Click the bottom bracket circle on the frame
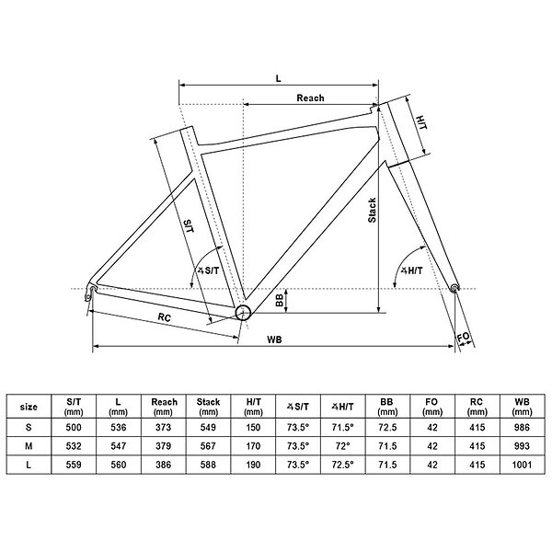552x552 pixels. pos(243,312)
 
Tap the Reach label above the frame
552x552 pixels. pos(310,98)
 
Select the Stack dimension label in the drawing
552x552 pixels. pos(372,210)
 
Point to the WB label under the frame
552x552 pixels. pos(274,339)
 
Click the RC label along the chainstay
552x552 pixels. pos(164,317)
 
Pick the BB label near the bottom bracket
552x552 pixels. pos(280,300)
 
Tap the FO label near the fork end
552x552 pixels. pos(464,338)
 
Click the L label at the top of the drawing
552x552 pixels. pos(279,78)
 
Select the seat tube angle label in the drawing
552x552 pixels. pos(208,270)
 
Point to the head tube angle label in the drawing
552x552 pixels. pos(412,270)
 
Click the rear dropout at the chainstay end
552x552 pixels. pos(90,293)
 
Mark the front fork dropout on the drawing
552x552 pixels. pos(454,288)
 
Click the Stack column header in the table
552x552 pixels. pos(208,407)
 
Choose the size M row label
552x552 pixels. pos(29,446)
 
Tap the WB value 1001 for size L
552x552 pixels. pos(522,465)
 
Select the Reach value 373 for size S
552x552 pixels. pos(164,428)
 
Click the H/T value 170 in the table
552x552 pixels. pos(253,446)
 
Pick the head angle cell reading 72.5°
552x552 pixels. pos(342,465)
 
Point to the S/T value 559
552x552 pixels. pos(74,465)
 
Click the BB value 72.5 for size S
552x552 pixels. pos(387,428)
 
